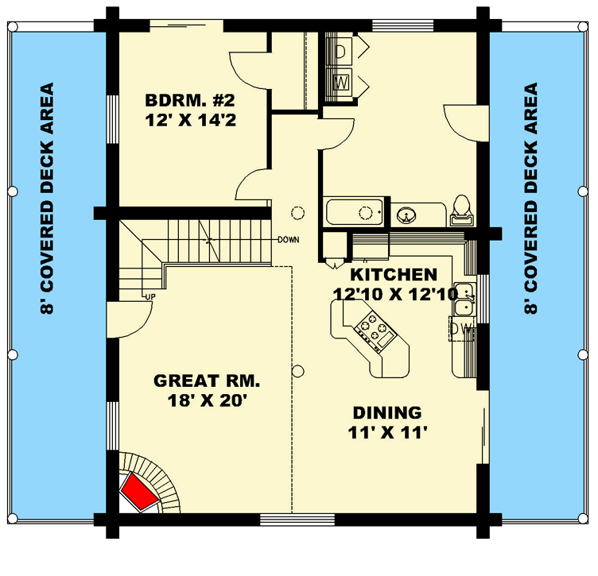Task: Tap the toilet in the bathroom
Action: pyautogui.click(x=460, y=208)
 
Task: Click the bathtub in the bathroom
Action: pyautogui.click(x=355, y=213)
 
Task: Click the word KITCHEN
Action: pyautogui.click(x=394, y=275)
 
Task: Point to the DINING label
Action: pyautogui.click(x=388, y=412)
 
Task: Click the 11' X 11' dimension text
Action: pyautogui.click(x=388, y=433)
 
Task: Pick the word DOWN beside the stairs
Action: pyautogui.click(x=288, y=239)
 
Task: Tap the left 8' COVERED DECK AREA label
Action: pyautogui.click(x=50, y=199)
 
